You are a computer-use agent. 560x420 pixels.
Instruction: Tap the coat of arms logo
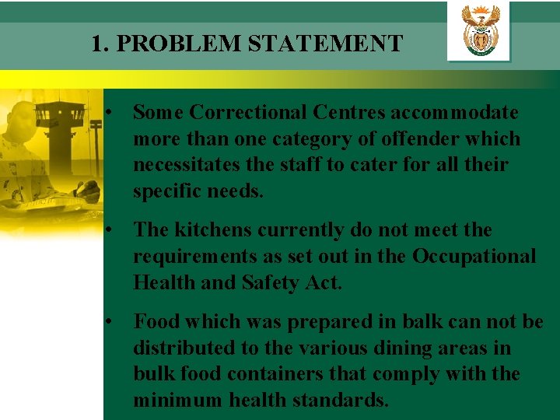[480, 30]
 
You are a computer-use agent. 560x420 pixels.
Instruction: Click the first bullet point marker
[113, 113]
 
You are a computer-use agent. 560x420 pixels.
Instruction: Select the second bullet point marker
[113, 231]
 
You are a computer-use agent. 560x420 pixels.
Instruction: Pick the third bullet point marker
[113, 321]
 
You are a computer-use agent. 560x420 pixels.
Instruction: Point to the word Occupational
[474, 257]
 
